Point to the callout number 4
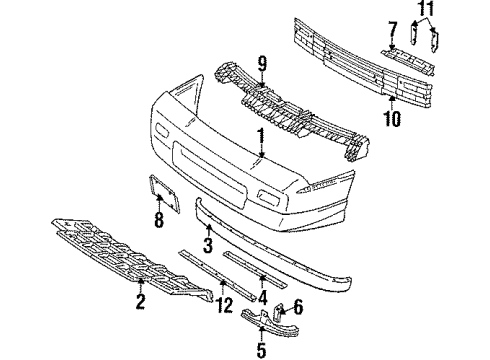coord(261,297)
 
